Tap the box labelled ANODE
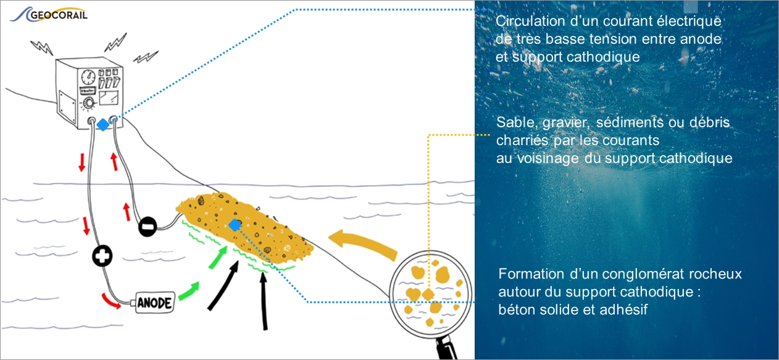154,303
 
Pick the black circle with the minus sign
147,227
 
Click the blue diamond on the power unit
102,125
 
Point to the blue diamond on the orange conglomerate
234,225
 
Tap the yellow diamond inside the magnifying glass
428,293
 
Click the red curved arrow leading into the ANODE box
114,301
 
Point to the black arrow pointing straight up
265,303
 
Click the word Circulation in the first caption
524,22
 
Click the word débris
709,123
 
